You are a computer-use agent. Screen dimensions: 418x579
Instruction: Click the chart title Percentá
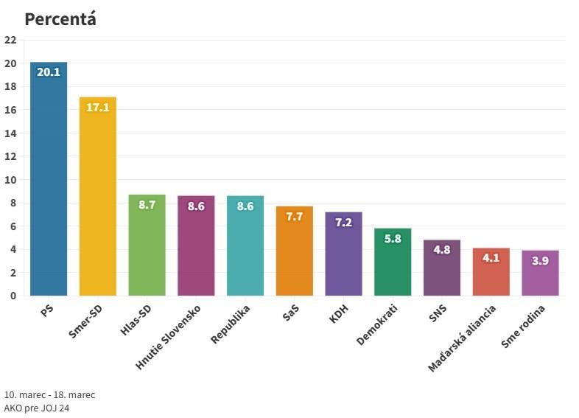pyautogui.click(x=60, y=19)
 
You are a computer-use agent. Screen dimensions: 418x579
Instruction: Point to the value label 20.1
pyautogui.click(x=49, y=72)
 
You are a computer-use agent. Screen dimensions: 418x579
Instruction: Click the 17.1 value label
pyautogui.click(x=98, y=108)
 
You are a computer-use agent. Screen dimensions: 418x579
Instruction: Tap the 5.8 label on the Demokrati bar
pyautogui.click(x=393, y=238)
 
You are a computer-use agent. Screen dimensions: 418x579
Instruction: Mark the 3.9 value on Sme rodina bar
pyautogui.click(x=540, y=260)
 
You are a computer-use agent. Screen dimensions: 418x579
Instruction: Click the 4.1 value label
pyautogui.click(x=491, y=258)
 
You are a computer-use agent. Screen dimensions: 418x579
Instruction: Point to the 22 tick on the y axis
pyautogui.click(x=10, y=41)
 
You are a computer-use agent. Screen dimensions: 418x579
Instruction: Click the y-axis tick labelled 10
pyautogui.click(x=10, y=180)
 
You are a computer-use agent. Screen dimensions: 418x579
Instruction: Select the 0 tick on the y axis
pyautogui.click(x=13, y=296)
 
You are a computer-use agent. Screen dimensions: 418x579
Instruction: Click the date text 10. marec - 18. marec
pyautogui.click(x=49, y=394)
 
